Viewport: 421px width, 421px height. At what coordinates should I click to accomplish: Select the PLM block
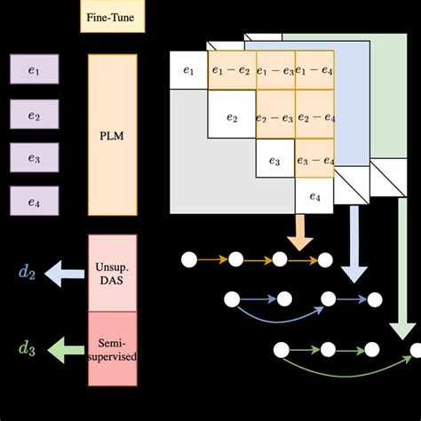pyautogui.click(x=113, y=135)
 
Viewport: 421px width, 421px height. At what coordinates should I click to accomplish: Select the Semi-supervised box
pyautogui.click(x=113, y=343)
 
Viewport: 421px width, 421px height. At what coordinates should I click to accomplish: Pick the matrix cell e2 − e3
pyautogui.click(x=276, y=116)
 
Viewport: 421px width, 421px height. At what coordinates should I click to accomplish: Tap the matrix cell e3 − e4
pyautogui.click(x=315, y=160)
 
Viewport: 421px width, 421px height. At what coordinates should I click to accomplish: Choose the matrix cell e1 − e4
pyautogui.click(x=314, y=72)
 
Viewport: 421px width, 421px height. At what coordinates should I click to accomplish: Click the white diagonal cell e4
pyautogui.click(x=315, y=197)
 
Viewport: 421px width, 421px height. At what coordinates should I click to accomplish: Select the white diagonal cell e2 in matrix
pyautogui.click(x=231, y=116)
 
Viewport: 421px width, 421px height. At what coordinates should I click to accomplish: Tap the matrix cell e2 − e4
pyautogui.click(x=315, y=116)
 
